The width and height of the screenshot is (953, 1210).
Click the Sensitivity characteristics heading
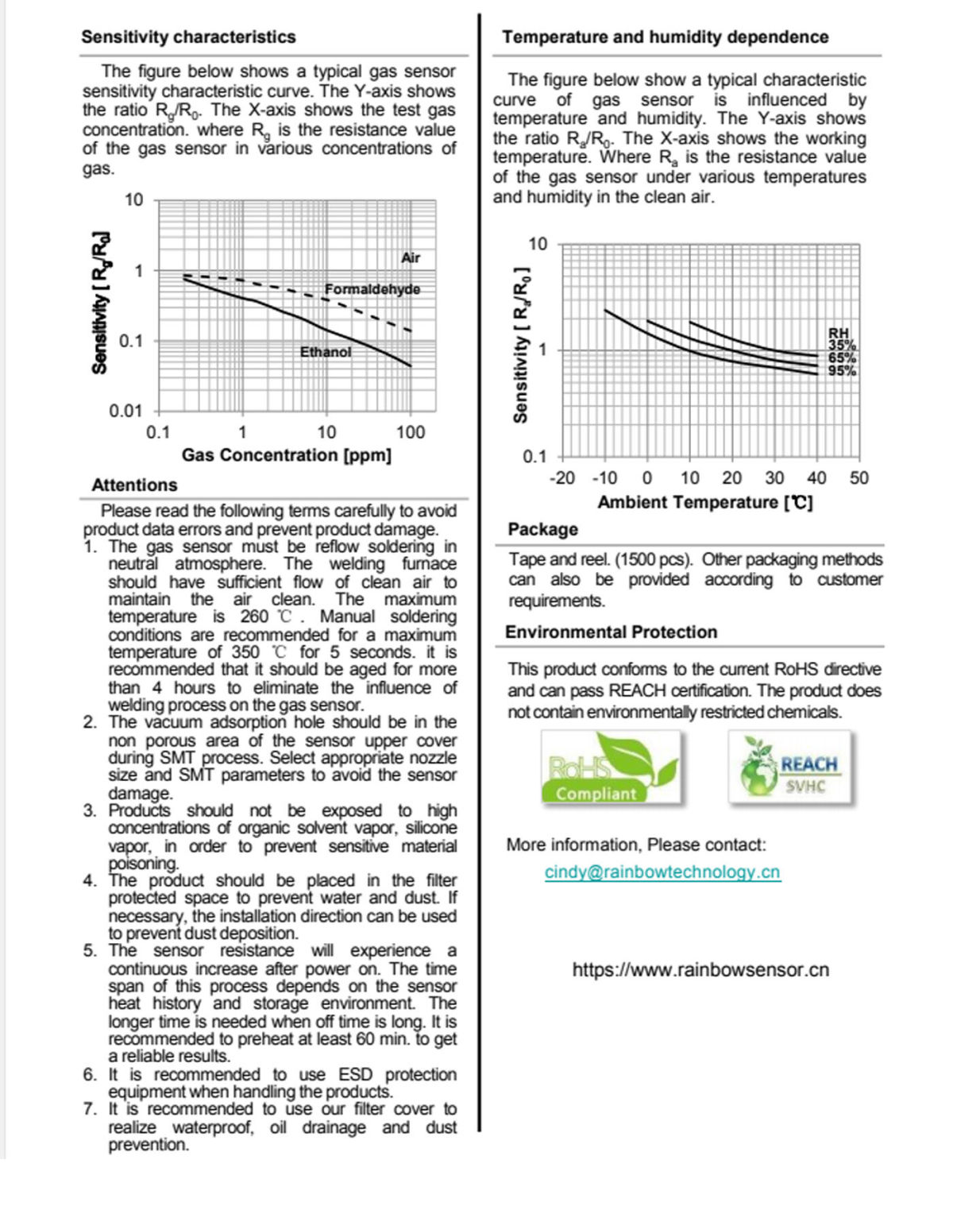pos(188,37)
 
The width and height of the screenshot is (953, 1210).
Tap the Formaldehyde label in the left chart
pos(372,289)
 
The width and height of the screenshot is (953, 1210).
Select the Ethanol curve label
pos(326,352)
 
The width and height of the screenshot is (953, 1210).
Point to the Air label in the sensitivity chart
pos(411,258)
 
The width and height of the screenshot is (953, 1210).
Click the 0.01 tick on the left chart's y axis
pos(126,412)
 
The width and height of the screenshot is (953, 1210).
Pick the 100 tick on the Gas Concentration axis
pos(411,433)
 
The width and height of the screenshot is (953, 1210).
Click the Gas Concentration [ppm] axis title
pos(287,455)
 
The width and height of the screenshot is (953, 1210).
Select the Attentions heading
pos(134,485)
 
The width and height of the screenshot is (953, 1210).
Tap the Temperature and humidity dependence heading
pos(665,37)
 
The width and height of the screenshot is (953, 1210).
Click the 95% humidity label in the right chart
pos(842,371)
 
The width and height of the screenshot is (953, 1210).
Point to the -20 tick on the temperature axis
pos(562,478)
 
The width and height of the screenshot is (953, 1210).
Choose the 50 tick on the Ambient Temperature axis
pos(859,478)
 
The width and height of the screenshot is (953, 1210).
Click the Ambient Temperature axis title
pos(705,503)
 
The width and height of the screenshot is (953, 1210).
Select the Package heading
pos(543,529)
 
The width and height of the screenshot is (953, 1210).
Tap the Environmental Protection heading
pos(611,632)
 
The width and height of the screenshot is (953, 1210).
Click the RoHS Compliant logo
pos(612,768)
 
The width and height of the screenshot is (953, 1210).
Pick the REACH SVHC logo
pos(790,767)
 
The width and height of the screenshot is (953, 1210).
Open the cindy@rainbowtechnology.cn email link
pos(662,872)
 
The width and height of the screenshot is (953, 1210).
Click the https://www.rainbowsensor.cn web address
pos(700,970)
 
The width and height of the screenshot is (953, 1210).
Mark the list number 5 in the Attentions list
pos(90,951)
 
